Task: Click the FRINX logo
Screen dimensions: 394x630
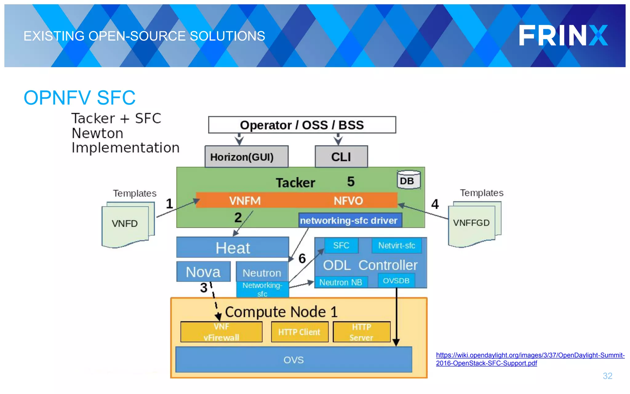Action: pos(563,36)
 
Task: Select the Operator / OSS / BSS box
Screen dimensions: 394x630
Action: pos(302,125)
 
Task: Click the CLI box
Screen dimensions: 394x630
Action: pos(341,157)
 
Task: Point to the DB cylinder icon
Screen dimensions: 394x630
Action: pos(408,180)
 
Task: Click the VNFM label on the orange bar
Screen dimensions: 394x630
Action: pos(245,201)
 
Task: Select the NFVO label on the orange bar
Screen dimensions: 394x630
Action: pos(348,201)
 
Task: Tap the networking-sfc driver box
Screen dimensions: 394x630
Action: pos(350,220)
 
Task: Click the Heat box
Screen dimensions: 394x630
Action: pos(233,247)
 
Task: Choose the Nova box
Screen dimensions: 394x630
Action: pos(203,272)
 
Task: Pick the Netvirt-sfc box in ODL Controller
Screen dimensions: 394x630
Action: pos(397,245)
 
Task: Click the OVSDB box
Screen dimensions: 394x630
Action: pos(396,281)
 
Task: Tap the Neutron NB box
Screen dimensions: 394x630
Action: pos(341,282)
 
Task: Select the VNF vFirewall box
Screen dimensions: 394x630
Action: pos(221,332)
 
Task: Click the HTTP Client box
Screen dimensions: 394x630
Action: pos(299,332)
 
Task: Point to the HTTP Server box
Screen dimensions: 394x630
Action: pos(361,332)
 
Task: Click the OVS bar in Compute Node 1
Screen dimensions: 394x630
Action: pos(293,360)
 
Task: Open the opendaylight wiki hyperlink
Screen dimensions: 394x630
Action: pos(530,359)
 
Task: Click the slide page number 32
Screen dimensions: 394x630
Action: pos(607,376)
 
